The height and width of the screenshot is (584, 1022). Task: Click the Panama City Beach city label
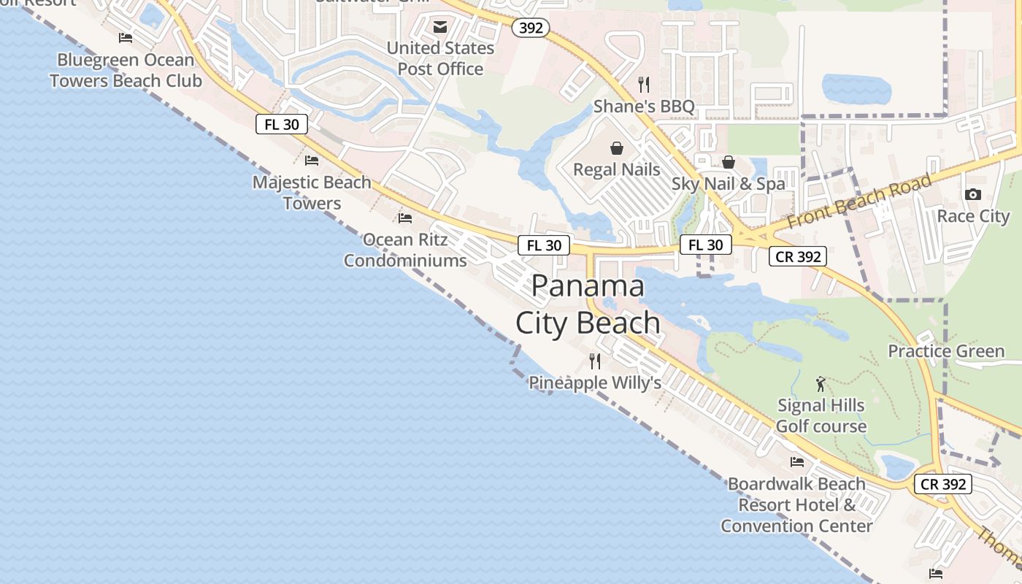[588, 304]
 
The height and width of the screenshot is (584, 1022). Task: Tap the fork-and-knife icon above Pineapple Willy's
[595, 361]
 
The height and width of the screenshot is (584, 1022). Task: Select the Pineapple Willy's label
[594, 383]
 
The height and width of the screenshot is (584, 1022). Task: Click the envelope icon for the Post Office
[440, 27]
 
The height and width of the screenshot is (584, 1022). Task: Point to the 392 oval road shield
[530, 28]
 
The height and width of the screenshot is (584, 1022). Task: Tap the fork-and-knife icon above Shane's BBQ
[643, 85]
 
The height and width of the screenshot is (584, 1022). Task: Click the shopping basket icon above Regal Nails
[617, 148]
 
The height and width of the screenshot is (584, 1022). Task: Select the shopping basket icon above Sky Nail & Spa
[728, 162]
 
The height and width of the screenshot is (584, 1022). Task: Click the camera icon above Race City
[972, 194]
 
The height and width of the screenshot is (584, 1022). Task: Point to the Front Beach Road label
[859, 201]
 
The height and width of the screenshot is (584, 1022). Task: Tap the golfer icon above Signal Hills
[821, 384]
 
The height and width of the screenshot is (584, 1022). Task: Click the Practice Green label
[946, 351]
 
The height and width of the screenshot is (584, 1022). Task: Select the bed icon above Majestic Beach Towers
[312, 161]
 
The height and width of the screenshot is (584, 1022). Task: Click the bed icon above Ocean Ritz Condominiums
[405, 218]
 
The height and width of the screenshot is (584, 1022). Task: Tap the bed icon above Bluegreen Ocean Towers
[126, 38]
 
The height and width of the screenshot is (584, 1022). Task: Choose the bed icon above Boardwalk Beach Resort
[796, 462]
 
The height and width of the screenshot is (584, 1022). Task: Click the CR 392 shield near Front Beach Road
[797, 256]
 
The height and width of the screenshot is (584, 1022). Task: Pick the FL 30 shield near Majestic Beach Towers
[282, 124]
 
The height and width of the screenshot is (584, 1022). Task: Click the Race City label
[973, 216]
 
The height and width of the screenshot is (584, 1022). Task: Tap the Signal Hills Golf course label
[821, 415]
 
